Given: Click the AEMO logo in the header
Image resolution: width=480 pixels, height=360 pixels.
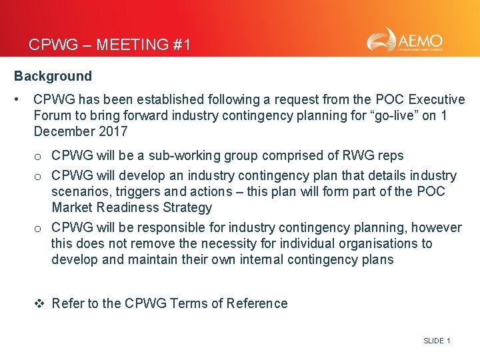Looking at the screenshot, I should coord(404,40).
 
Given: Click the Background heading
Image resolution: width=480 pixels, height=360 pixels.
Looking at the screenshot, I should coord(53,76).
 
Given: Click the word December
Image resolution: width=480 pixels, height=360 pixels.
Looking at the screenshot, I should coord(64,131).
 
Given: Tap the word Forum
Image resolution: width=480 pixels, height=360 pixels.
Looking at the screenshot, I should coord(53,115).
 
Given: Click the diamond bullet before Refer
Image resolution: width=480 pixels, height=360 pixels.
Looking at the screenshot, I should coord(39,304).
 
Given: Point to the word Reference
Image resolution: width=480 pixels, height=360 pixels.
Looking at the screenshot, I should coord(257,304).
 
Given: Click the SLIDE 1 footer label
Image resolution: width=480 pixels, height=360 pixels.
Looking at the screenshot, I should coord(437,341).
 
